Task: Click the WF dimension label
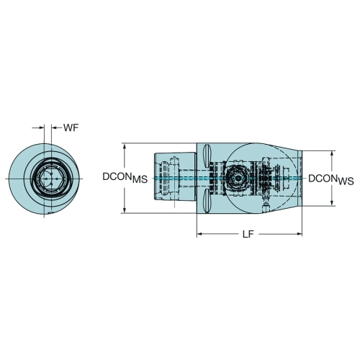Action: pyautogui.click(x=71, y=127)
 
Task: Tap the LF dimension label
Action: pyautogui.click(x=248, y=234)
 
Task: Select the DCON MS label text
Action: pyautogui.click(x=125, y=178)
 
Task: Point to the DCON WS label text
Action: pyautogui.click(x=331, y=180)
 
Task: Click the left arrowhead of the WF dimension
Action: pyautogui.click(x=42, y=128)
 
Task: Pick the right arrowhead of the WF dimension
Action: pyautogui.click(x=54, y=128)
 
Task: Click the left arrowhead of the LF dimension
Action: pyautogui.click(x=199, y=234)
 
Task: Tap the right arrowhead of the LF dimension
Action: pyautogui.click(x=299, y=234)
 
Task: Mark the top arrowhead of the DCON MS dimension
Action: pyautogui.click(x=124, y=146)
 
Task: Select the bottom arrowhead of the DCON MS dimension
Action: pyautogui.click(x=124, y=210)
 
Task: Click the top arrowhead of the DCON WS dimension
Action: pyautogui.click(x=332, y=154)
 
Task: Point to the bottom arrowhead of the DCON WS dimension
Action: pyautogui.click(x=332, y=202)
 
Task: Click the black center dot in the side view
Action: pyautogui.click(x=238, y=179)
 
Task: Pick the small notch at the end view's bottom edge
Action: pyautogui.click(x=50, y=213)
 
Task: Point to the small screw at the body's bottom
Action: pyautogui.click(x=266, y=207)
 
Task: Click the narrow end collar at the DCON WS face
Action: pyautogui.click(x=300, y=178)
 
